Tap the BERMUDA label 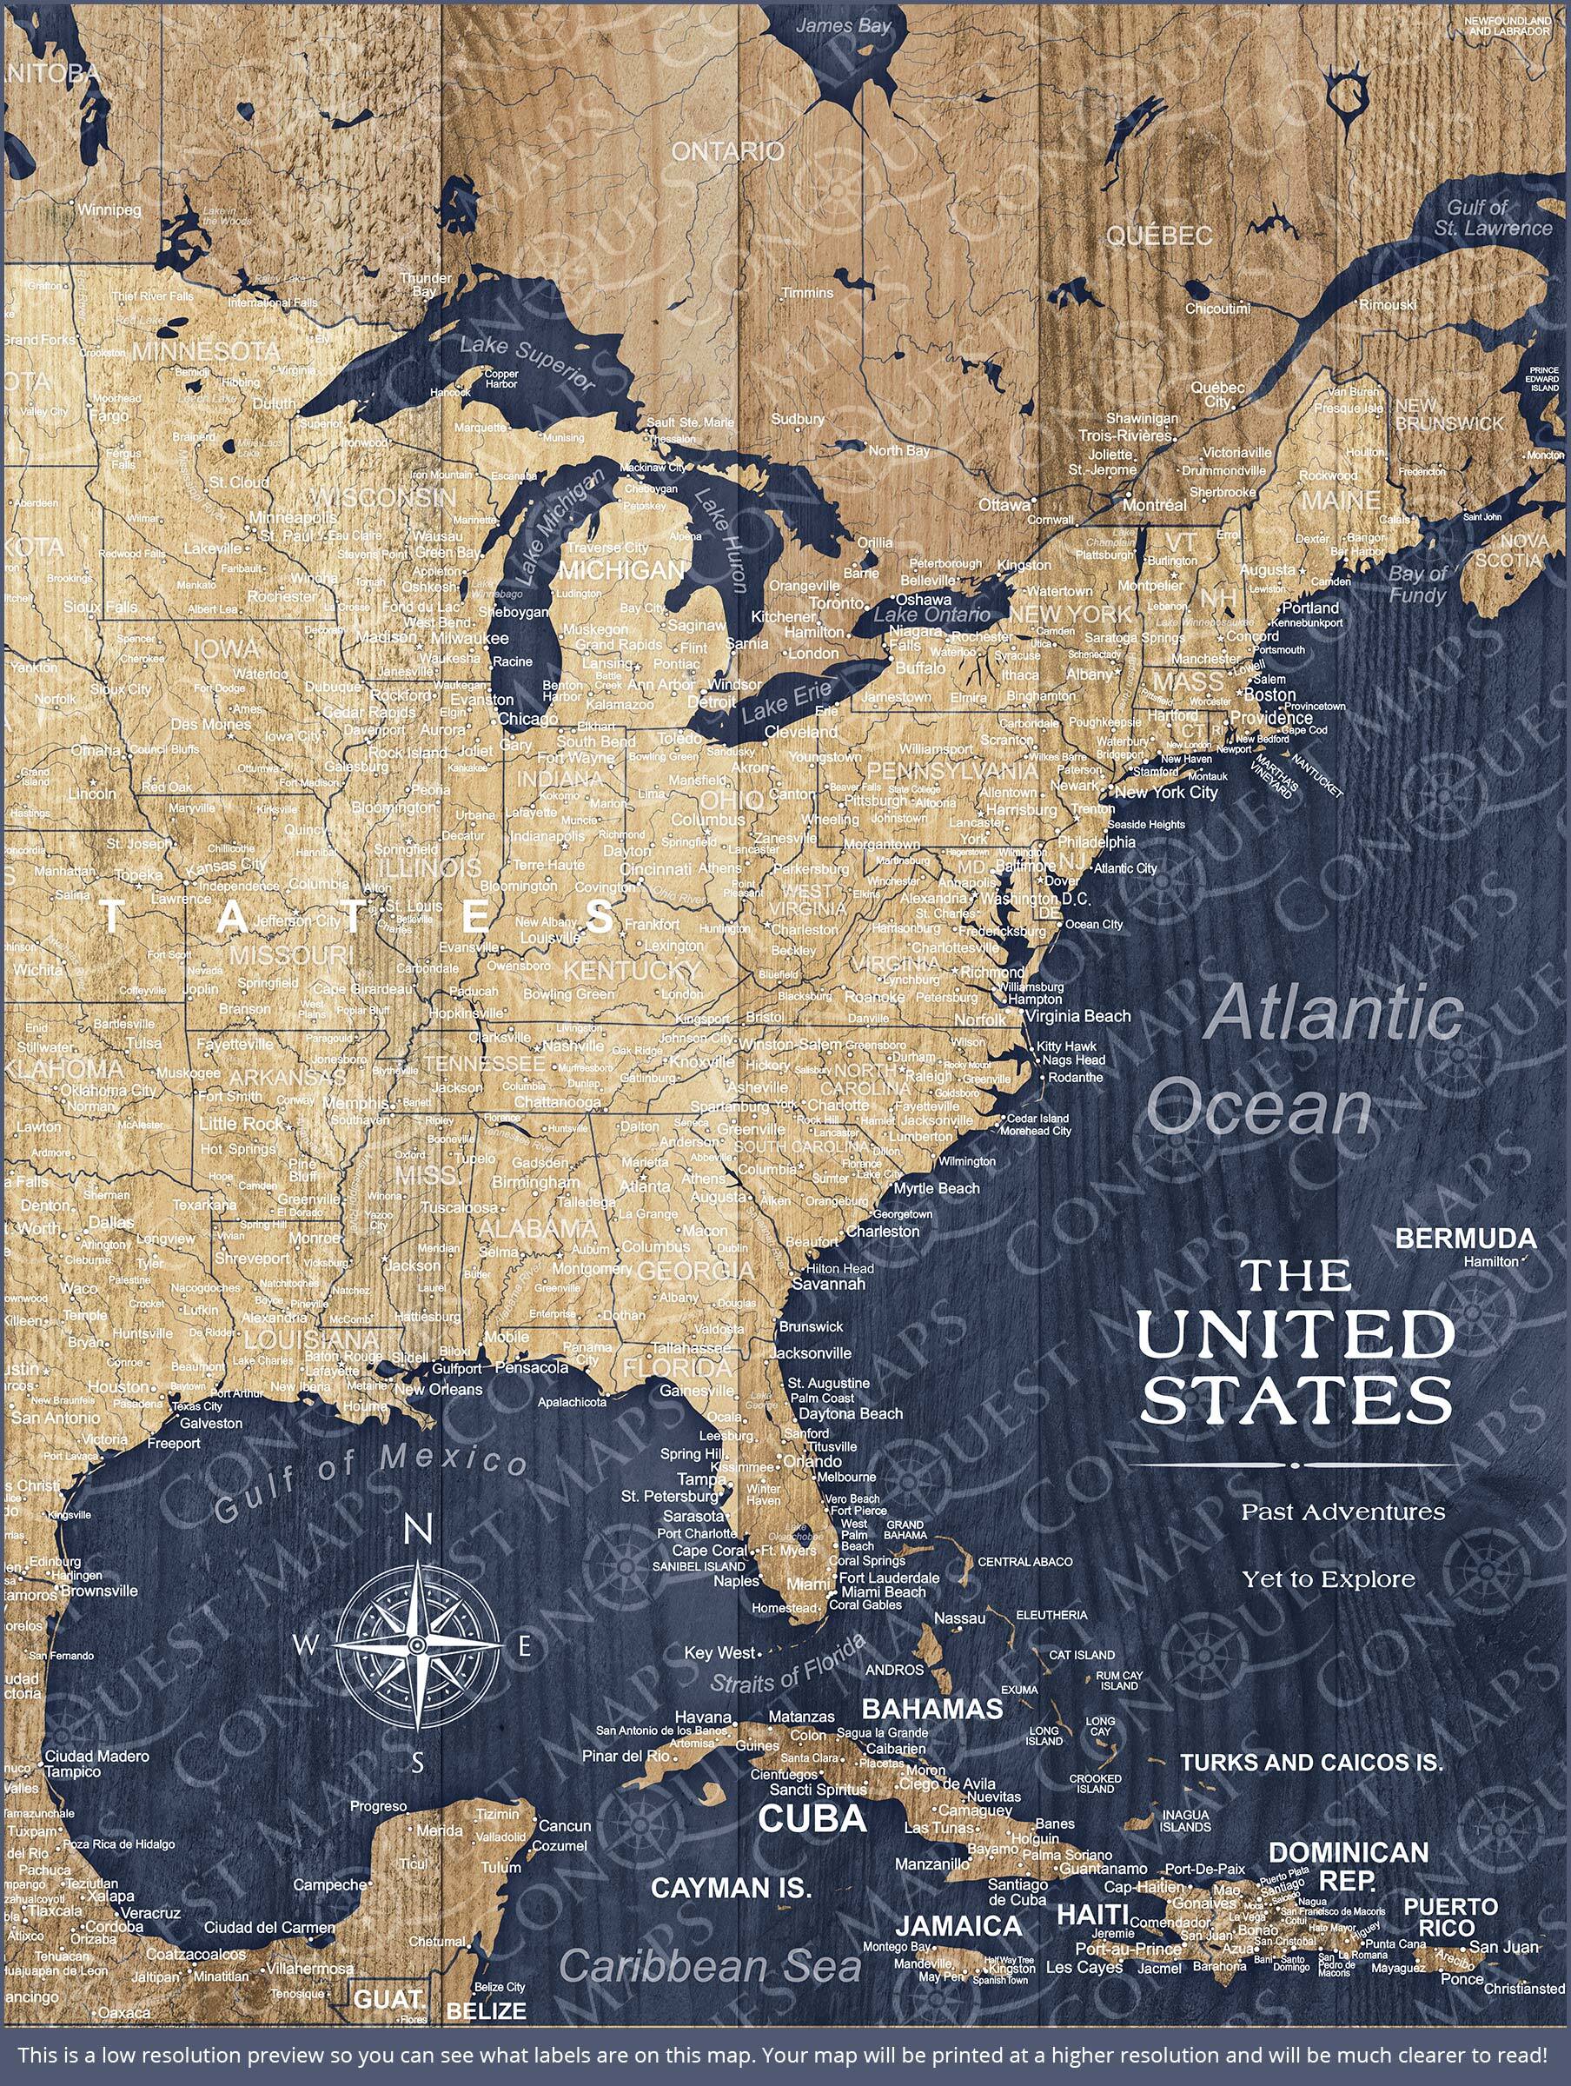point(1465,1238)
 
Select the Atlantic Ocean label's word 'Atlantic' point(1335,1013)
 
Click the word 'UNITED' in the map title point(1296,1334)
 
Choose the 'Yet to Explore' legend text point(1328,1578)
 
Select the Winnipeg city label point(109,209)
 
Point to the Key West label point(720,1652)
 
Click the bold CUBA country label point(812,1818)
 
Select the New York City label point(1166,792)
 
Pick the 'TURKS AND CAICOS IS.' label point(1310,1762)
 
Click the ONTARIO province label point(726,151)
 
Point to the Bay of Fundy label point(1417,585)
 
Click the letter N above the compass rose point(417,1532)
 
